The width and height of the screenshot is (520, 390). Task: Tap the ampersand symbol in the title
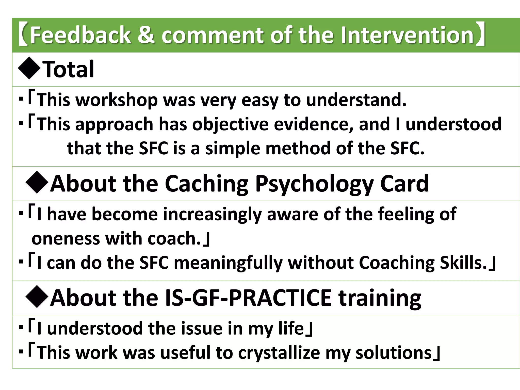[146, 35]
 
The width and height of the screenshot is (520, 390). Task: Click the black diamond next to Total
[30, 69]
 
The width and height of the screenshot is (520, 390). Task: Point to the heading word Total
[69, 69]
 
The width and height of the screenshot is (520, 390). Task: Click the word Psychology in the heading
[314, 184]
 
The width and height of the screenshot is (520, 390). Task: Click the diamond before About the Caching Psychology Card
[37, 183]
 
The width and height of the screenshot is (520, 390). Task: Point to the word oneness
[66, 239]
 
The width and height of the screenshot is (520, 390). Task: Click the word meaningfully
[228, 263]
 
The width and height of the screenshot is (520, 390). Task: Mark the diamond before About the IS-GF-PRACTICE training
[37, 297]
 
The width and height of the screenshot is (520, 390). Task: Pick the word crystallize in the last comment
[279, 353]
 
